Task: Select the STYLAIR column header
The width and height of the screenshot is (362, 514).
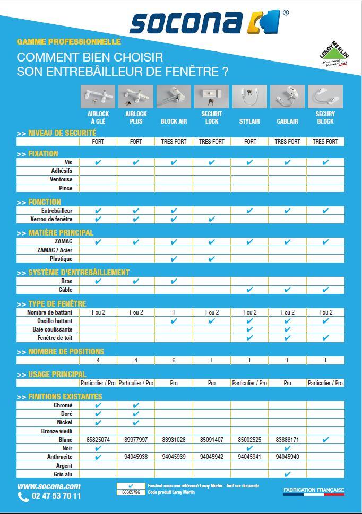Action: (x=249, y=121)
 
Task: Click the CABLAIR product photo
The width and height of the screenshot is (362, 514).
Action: (x=287, y=97)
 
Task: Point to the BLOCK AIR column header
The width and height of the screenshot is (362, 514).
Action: (x=174, y=121)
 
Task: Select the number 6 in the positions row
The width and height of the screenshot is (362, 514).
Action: (x=174, y=361)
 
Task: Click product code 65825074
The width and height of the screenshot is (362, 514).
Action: (x=98, y=440)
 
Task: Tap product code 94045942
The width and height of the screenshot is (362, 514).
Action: (x=211, y=457)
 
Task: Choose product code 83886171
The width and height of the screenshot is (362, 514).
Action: (x=287, y=440)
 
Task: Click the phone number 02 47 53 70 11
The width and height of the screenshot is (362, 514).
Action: (x=56, y=496)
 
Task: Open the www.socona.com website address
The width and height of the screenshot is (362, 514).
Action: (x=48, y=486)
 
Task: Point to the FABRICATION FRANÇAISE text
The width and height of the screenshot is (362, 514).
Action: (x=314, y=489)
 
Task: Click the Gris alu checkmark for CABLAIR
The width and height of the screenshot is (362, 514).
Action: (x=287, y=474)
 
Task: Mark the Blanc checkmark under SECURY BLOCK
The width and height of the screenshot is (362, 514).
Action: (x=325, y=440)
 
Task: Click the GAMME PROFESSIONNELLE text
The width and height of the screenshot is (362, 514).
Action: (x=69, y=41)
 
